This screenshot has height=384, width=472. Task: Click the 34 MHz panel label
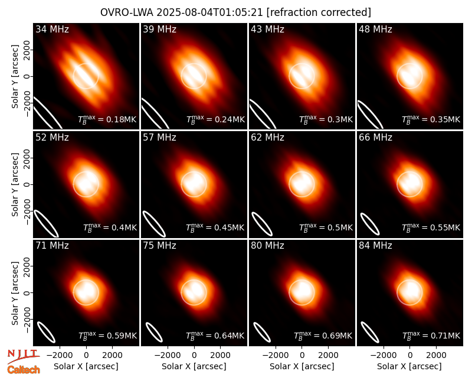point(52,29)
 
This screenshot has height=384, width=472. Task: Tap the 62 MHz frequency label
point(268,138)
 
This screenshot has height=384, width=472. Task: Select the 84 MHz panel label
point(375,246)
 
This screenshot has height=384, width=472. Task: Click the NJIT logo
point(23,356)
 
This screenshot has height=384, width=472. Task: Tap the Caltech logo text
point(24,370)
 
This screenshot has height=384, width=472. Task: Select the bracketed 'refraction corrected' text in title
point(319,12)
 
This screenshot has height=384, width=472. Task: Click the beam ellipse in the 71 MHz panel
point(46,332)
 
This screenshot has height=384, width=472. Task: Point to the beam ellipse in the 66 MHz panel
point(370,224)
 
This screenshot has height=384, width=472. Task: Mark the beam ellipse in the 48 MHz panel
point(370,115)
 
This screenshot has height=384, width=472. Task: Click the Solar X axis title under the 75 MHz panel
point(194,366)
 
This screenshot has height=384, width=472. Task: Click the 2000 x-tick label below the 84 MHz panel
point(436,355)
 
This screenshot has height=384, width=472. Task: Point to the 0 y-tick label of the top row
point(27,76)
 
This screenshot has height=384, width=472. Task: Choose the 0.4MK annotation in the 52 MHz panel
point(110,227)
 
